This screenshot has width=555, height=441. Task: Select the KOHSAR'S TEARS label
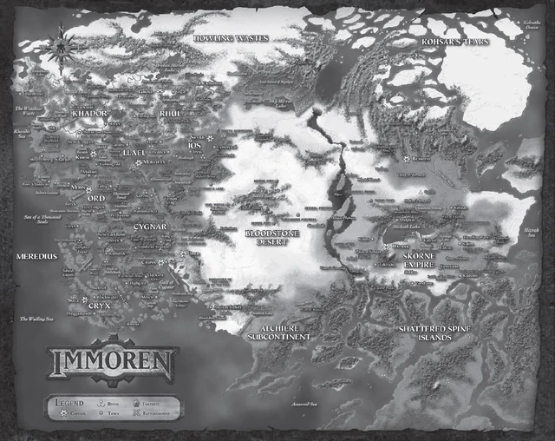coord(455,42)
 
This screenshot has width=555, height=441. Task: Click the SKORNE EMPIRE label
coord(423,263)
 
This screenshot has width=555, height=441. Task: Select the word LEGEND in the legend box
coord(69,402)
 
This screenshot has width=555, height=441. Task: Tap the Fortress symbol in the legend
coord(137,403)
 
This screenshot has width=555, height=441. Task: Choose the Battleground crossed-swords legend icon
coord(137,415)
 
